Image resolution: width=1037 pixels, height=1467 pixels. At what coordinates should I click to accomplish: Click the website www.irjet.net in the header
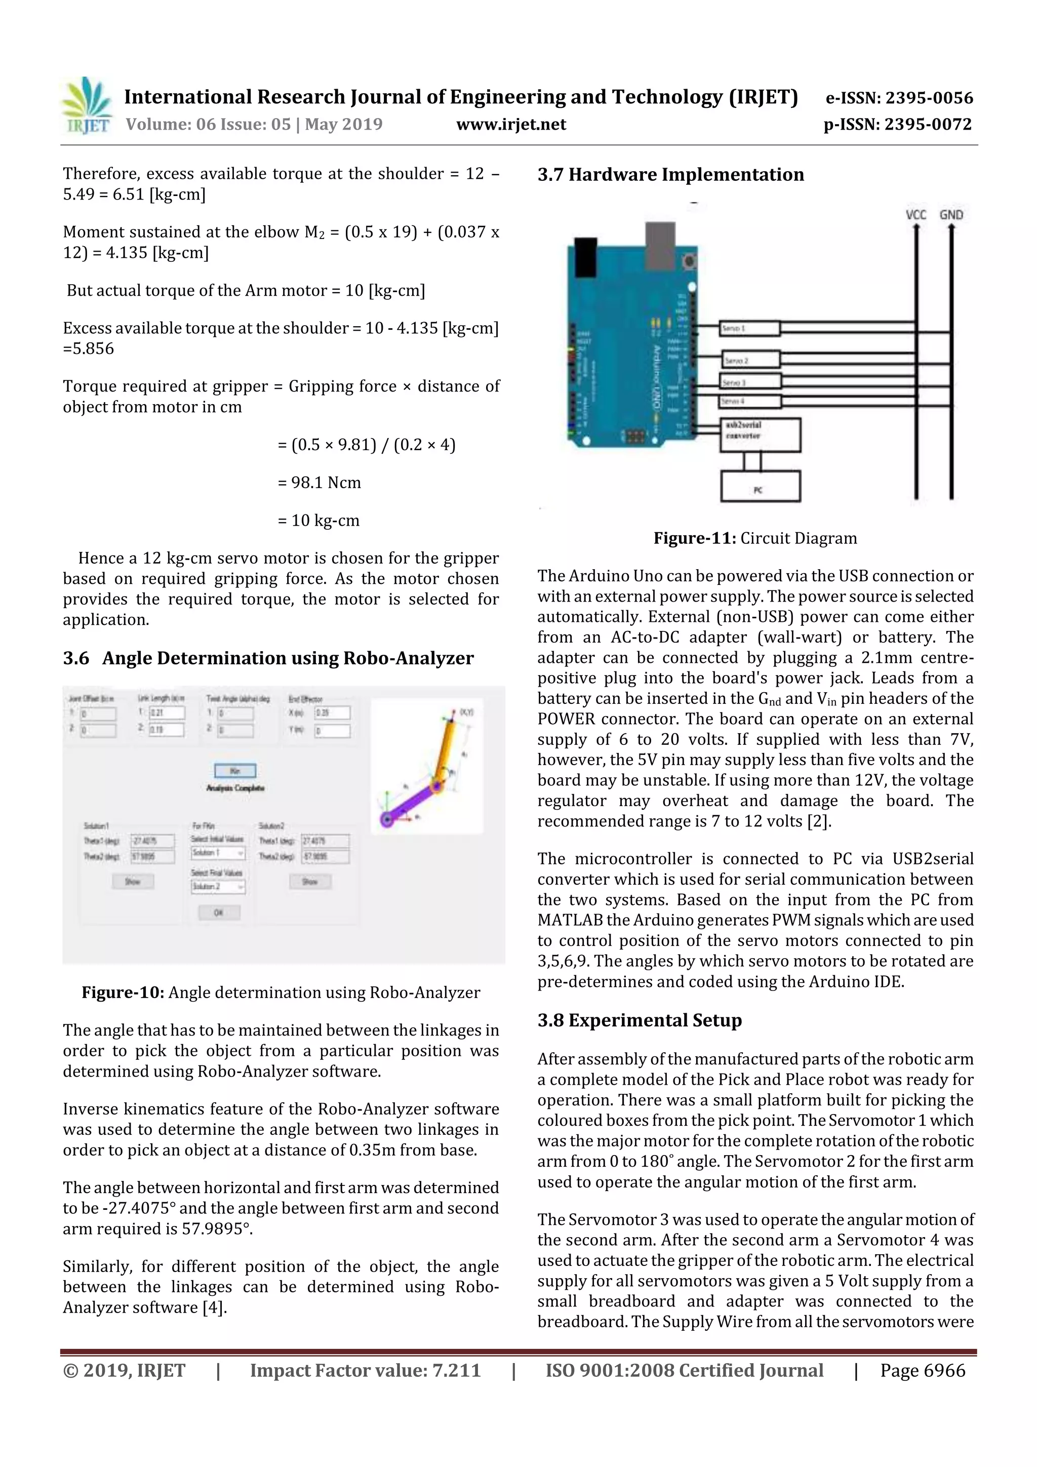click(510, 124)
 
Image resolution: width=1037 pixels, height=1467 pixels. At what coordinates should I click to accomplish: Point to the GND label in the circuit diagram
click(951, 215)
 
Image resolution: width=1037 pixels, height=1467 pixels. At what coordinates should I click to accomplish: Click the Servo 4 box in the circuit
click(749, 401)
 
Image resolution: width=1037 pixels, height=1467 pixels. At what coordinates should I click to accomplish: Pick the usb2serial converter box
click(760, 434)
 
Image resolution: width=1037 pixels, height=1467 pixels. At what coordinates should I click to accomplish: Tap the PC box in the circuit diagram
click(760, 487)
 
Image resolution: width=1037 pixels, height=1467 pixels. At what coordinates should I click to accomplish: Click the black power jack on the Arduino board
click(585, 256)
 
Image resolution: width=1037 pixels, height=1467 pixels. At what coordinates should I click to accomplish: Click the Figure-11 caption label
click(695, 538)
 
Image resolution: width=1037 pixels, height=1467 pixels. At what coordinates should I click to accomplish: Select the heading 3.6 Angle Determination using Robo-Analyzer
click(268, 658)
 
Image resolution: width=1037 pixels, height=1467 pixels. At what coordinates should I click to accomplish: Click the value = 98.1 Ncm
click(320, 483)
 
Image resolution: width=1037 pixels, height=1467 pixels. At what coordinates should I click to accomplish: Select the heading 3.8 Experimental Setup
click(639, 1020)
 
